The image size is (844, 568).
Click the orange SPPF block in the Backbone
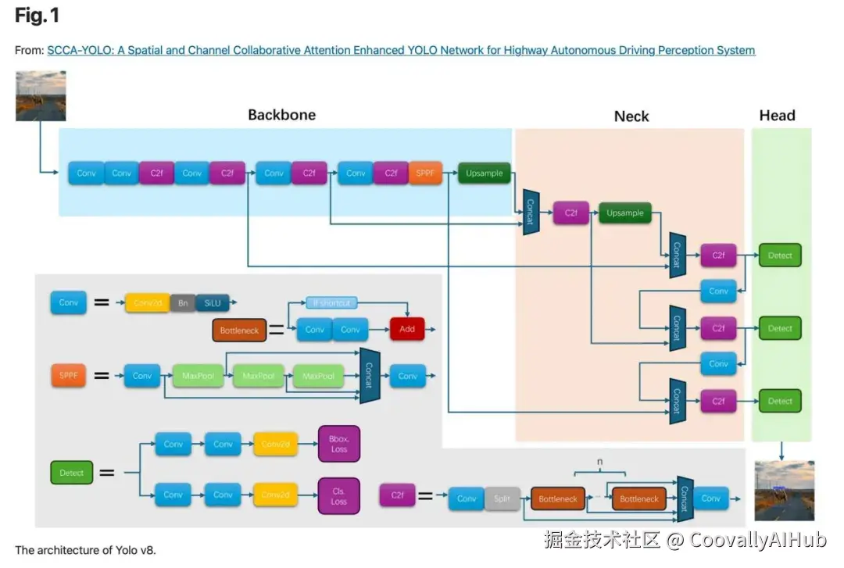425,173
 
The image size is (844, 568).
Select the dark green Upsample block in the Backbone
484,173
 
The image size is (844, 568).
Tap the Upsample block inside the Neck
625,213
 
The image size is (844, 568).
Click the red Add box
407,329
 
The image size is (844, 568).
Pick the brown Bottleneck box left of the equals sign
239,330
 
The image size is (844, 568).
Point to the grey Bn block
183,302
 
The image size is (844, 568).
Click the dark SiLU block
213,302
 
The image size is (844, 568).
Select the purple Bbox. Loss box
338,444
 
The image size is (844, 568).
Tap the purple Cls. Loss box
338,496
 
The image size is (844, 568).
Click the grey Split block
502,498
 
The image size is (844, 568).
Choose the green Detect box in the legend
71,473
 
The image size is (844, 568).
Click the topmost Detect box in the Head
780,255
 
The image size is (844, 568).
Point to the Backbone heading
281,115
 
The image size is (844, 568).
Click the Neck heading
631,116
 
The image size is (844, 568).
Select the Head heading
777,116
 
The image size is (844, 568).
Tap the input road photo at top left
41,96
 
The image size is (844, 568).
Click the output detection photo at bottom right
784,491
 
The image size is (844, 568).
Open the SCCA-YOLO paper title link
401,50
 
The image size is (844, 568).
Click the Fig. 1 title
37,15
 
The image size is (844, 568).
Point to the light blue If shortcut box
331,302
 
